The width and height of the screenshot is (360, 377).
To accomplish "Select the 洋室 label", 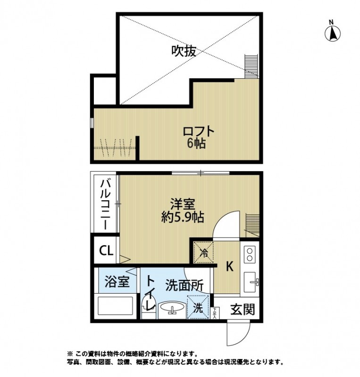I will [x=183, y=205].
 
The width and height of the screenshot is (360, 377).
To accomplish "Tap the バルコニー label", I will [x=106, y=204].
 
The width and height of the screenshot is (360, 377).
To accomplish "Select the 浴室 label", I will [x=117, y=282].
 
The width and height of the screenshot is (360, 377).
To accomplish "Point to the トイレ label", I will [x=150, y=292].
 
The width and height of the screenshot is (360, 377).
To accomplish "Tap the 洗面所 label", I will [x=184, y=285].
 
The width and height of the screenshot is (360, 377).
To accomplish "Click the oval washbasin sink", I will [x=173, y=309].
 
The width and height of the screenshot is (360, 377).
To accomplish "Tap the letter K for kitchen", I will [x=229, y=267].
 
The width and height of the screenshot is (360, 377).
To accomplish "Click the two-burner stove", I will [x=250, y=255].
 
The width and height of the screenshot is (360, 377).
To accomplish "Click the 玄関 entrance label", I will [x=243, y=310].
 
